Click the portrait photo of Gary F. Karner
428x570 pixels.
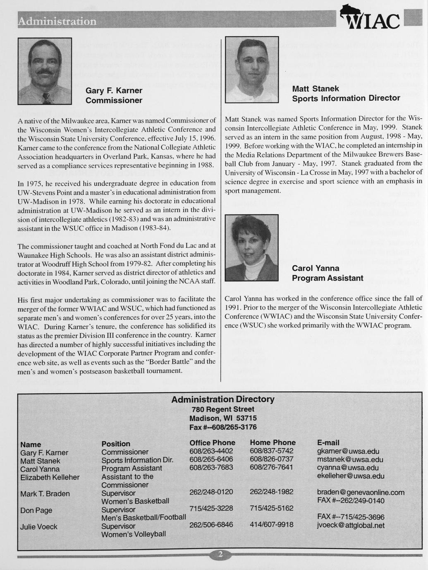coord(45,71)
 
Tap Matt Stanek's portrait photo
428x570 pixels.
coord(252,69)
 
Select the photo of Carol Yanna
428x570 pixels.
coord(251,248)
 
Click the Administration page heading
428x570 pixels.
coord(57,21)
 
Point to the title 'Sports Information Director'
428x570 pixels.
coord(346,98)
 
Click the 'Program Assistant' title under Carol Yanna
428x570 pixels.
coord(328,278)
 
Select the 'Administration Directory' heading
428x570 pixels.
coord(222,399)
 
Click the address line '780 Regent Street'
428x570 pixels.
coord(222,409)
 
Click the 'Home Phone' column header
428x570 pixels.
coord(273,443)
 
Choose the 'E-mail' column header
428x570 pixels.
coord(328,443)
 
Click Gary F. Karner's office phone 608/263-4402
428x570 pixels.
coord(211,451)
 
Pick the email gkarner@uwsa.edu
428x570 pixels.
coord(348,451)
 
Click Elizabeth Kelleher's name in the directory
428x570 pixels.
coord(50,477)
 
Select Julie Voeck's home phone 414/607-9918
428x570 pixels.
coord(271,525)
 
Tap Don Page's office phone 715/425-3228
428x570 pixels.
coord(211,508)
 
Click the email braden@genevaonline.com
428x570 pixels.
coord(361,492)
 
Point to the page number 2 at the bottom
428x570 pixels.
coord(220,555)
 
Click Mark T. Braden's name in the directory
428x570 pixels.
coord(45,494)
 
